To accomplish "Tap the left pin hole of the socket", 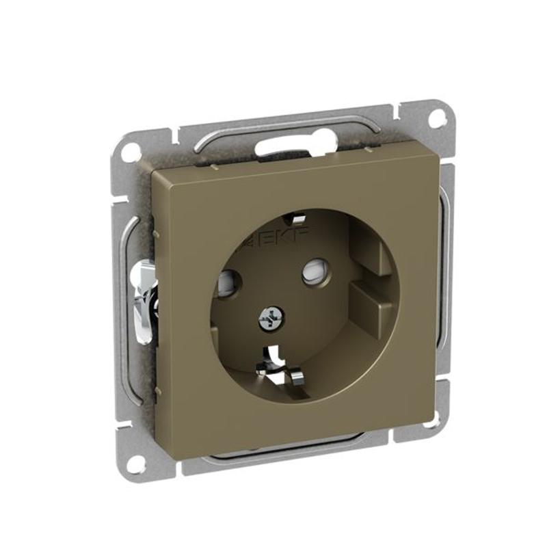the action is point(230,282).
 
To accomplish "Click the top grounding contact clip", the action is point(294,219).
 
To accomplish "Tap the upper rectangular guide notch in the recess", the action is point(371,250).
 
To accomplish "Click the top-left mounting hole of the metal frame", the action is point(131,147).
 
